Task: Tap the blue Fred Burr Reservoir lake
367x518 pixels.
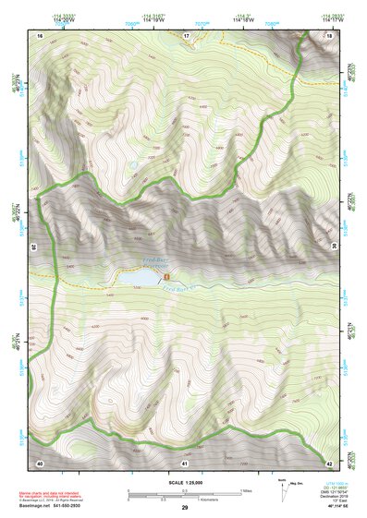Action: coord(135,276)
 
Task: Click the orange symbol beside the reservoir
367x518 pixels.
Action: coord(166,276)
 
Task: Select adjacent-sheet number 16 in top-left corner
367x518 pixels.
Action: coord(41,35)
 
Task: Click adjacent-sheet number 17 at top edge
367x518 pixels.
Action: coord(186,35)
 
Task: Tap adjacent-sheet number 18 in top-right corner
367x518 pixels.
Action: coord(330,35)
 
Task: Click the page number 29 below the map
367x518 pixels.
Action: coord(185,508)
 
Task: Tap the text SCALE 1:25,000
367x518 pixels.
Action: coord(185,483)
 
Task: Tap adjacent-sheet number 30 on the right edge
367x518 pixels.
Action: coord(332,246)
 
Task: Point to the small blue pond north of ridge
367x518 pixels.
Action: coord(132,163)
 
